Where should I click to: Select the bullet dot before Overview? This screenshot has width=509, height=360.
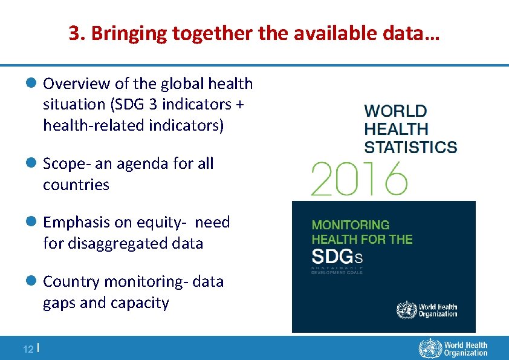33,83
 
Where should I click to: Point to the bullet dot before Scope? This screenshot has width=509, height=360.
33,163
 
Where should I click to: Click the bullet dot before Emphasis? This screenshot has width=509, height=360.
33,223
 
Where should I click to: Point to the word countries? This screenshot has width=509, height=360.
76,185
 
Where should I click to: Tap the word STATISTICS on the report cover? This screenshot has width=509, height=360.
410,147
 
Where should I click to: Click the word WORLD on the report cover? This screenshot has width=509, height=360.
395,111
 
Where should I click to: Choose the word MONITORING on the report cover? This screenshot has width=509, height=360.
351,224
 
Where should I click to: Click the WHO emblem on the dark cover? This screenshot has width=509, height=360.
406,310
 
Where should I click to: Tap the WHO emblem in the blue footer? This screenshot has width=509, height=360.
430,349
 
